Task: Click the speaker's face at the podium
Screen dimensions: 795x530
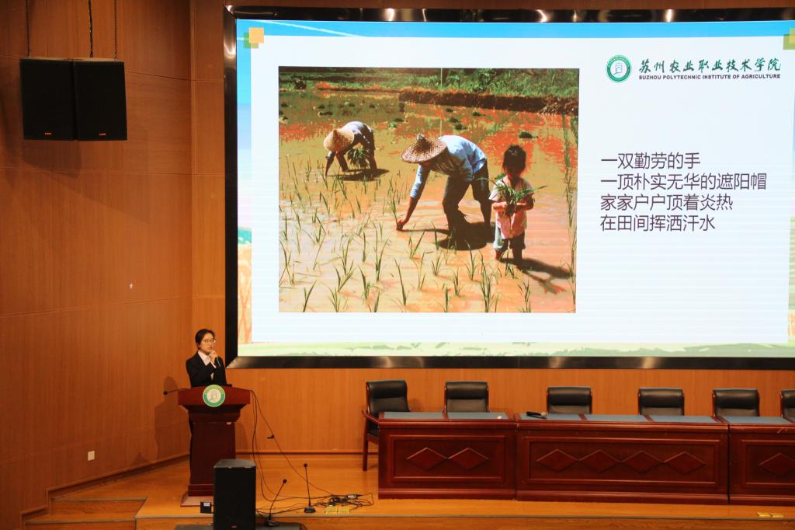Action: tap(206, 343)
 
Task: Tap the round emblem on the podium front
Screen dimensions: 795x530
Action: tap(214, 396)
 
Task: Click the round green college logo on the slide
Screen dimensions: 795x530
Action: tap(619, 69)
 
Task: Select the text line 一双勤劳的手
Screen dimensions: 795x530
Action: tap(651, 161)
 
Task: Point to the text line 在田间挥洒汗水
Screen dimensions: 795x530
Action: tap(658, 223)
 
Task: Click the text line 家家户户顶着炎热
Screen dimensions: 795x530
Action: tap(667, 203)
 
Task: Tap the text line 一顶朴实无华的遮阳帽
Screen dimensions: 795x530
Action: tap(683, 182)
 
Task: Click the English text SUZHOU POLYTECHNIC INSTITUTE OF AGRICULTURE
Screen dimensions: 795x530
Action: tap(710, 77)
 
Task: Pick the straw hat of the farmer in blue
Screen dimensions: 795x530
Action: tap(424, 148)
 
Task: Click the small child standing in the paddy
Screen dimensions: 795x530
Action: tap(512, 203)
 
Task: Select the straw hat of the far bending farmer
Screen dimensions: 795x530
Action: tap(338, 139)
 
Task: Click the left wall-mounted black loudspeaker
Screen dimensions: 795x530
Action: tap(47, 99)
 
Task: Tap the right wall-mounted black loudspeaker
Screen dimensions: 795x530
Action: tap(100, 99)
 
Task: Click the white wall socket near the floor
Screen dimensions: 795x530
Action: tap(92, 455)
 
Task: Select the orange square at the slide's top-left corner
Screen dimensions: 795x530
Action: tap(256, 36)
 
